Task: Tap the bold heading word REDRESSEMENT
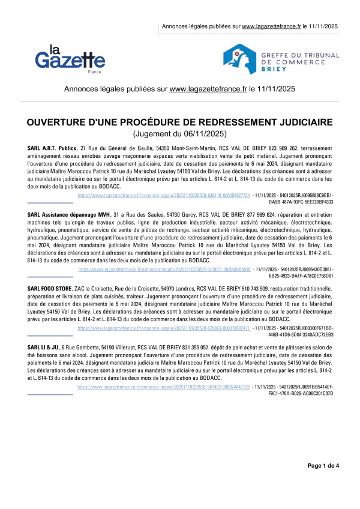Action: (247, 122)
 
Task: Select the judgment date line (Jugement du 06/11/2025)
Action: (180, 134)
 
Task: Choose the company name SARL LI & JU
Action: (43, 348)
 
